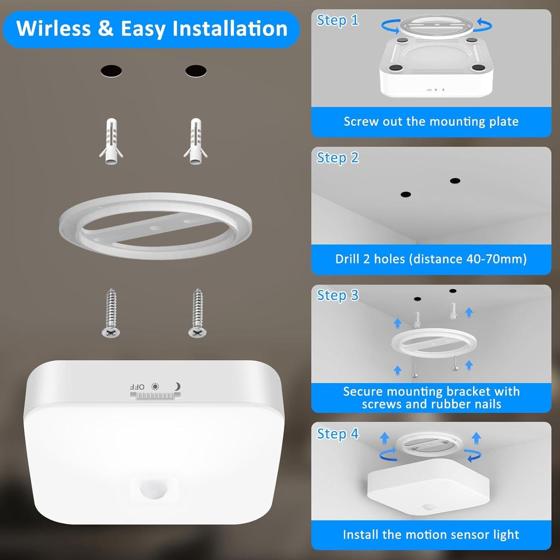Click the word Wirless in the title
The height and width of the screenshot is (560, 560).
[x=53, y=28]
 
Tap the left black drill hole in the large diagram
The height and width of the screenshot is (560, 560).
[x=111, y=71]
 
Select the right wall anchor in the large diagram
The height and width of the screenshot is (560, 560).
[x=196, y=141]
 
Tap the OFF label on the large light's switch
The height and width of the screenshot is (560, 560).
[x=137, y=387]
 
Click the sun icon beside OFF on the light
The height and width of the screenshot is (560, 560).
[x=155, y=386]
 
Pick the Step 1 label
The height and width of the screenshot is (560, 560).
[x=337, y=20]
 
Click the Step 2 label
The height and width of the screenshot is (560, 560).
[x=337, y=158]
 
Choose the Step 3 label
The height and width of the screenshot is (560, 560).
[x=337, y=295]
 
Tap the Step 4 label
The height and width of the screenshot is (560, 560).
[x=337, y=434]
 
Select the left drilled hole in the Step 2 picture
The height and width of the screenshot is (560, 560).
[x=406, y=195]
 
